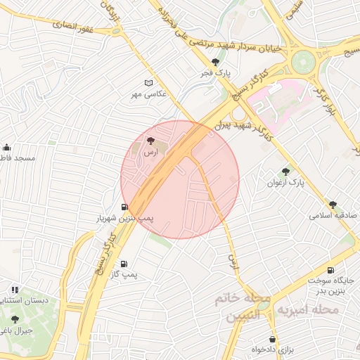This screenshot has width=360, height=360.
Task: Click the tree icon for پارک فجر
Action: coord(215,63)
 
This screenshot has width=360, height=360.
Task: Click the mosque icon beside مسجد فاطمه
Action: coord(6,147)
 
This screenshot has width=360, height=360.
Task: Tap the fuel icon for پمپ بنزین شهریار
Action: coord(124,207)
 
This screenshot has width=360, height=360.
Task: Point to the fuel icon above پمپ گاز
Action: coord(124,264)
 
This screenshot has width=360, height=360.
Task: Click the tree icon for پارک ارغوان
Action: coord(285,171)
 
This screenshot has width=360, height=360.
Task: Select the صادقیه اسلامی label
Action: coord(333,215)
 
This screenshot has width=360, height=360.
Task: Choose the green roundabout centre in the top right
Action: coord(304,60)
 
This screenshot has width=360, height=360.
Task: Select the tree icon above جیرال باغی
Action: coord(15,319)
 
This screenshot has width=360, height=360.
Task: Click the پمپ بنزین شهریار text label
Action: coord(124,219)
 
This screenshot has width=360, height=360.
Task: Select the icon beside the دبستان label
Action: coord(15,290)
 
